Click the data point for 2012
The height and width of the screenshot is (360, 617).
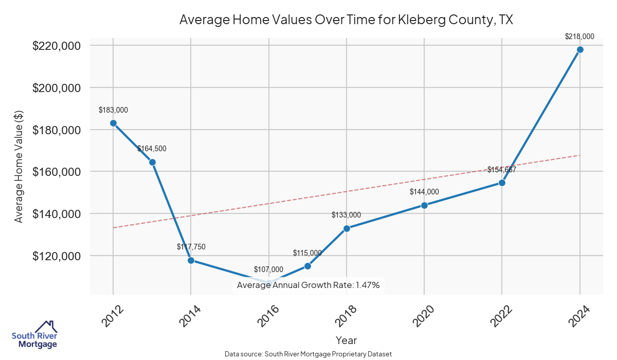113,123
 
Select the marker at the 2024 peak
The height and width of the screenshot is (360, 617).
580,49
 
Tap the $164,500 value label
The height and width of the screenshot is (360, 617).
152,149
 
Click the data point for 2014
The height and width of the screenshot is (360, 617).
191,260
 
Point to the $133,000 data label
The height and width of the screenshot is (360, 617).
346,215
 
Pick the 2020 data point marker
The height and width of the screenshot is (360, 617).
424,205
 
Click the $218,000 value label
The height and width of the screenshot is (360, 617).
579,37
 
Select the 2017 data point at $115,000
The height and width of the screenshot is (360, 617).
307,266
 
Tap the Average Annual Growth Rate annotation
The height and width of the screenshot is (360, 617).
308,285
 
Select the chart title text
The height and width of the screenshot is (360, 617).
346,20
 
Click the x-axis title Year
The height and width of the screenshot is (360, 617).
346,340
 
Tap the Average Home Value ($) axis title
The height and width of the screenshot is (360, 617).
19,167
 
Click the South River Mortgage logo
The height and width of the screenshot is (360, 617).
34,335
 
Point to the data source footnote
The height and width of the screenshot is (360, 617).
308,354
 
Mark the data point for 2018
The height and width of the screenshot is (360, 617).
347,228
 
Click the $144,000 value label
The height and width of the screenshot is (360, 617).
424,192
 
